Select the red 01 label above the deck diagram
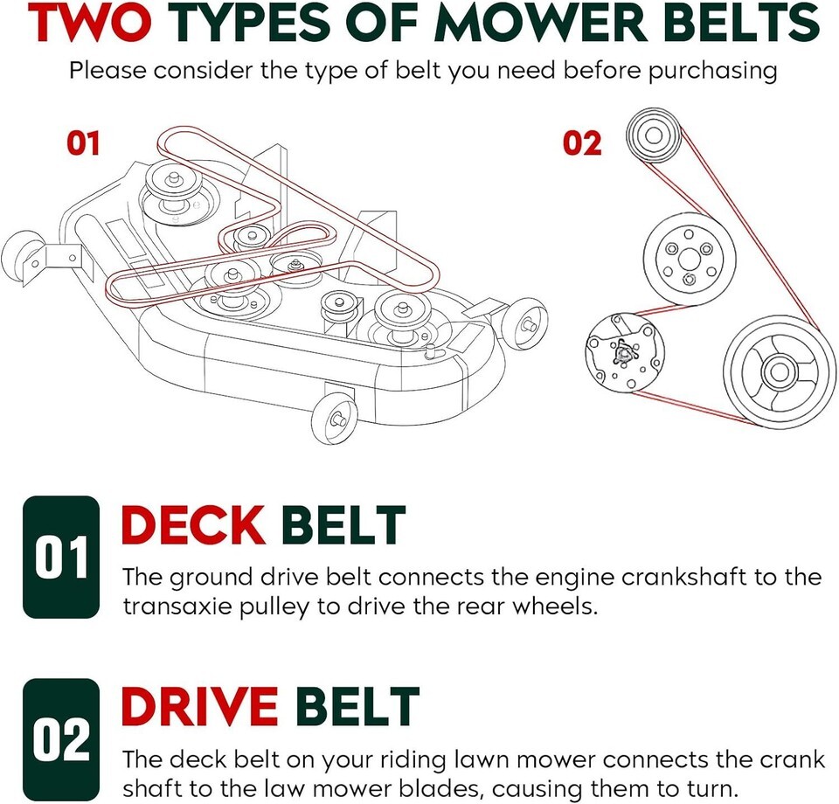pos(84,143)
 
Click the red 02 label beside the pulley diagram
pos(582,142)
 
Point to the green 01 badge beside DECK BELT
pos(61,558)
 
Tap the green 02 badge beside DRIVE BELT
pos(61,739)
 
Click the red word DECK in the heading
pos(193,526)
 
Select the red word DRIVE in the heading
pos(199,708)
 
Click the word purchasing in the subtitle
pos(712,70)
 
